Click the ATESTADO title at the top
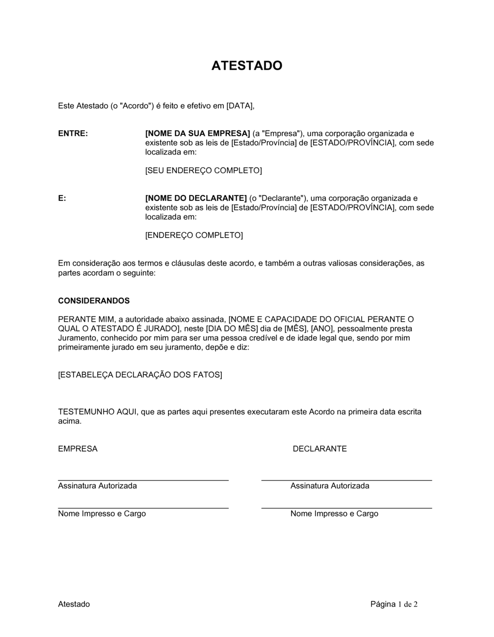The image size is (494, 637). (x=247, y=66)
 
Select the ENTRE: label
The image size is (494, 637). (x=73, y=133)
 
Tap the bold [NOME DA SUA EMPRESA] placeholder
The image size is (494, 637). (x=198, y=133)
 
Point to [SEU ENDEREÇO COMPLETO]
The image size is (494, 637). (x=203, y=170)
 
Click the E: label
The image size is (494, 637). (x=62, y=198)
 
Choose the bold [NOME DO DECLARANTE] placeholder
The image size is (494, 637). (x=196, y=198)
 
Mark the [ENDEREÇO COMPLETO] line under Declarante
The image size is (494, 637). (x=194, y=235)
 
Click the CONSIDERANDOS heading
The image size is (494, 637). (x=94, y=301)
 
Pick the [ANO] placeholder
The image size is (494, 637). (x=322, y=329)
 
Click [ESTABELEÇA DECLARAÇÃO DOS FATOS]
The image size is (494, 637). (x=140, y=375)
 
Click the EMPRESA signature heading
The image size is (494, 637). (x=78, y=449)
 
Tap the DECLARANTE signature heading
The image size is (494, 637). (x=320, y=449)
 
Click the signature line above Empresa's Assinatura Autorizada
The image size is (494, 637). (x=143, y=479)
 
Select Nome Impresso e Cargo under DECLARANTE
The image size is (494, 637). (x=334, y=514)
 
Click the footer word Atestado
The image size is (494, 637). (x=74, y=604)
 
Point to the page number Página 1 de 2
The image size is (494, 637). (x=394, y=604)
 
